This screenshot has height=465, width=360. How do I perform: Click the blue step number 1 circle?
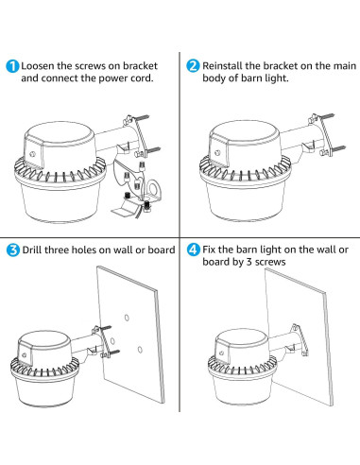[x=12, y=66]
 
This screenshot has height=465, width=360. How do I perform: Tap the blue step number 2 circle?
[x=193, y=66]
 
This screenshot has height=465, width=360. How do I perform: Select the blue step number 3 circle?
[x=13, y=250]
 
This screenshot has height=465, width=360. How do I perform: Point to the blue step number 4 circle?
[x=194, y=250]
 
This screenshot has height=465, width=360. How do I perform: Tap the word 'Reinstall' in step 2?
[x=222, y=66]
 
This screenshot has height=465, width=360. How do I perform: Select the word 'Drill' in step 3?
[x=32, y=250]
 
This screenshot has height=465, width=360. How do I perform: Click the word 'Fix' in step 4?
[x=209, y=250]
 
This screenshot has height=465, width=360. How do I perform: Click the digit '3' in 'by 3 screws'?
[x=249, y=262]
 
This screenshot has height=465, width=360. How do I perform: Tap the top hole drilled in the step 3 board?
[x=127, y=318]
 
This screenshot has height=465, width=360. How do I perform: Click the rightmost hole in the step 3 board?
[x=140, y=350]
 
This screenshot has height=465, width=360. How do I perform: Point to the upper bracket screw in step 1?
[x=142, y=118]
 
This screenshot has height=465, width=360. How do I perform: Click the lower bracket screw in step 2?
[x=338, y=148]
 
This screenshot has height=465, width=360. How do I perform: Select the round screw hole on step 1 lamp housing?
[x=32, y=154]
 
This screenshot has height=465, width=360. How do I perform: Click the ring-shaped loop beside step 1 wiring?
[x=155, y=188]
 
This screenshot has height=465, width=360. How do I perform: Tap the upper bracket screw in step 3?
[x=106, y=328]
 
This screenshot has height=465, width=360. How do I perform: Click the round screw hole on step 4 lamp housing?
[x=222, y=353]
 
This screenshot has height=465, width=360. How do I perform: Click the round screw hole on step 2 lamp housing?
[x=217, y=153]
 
